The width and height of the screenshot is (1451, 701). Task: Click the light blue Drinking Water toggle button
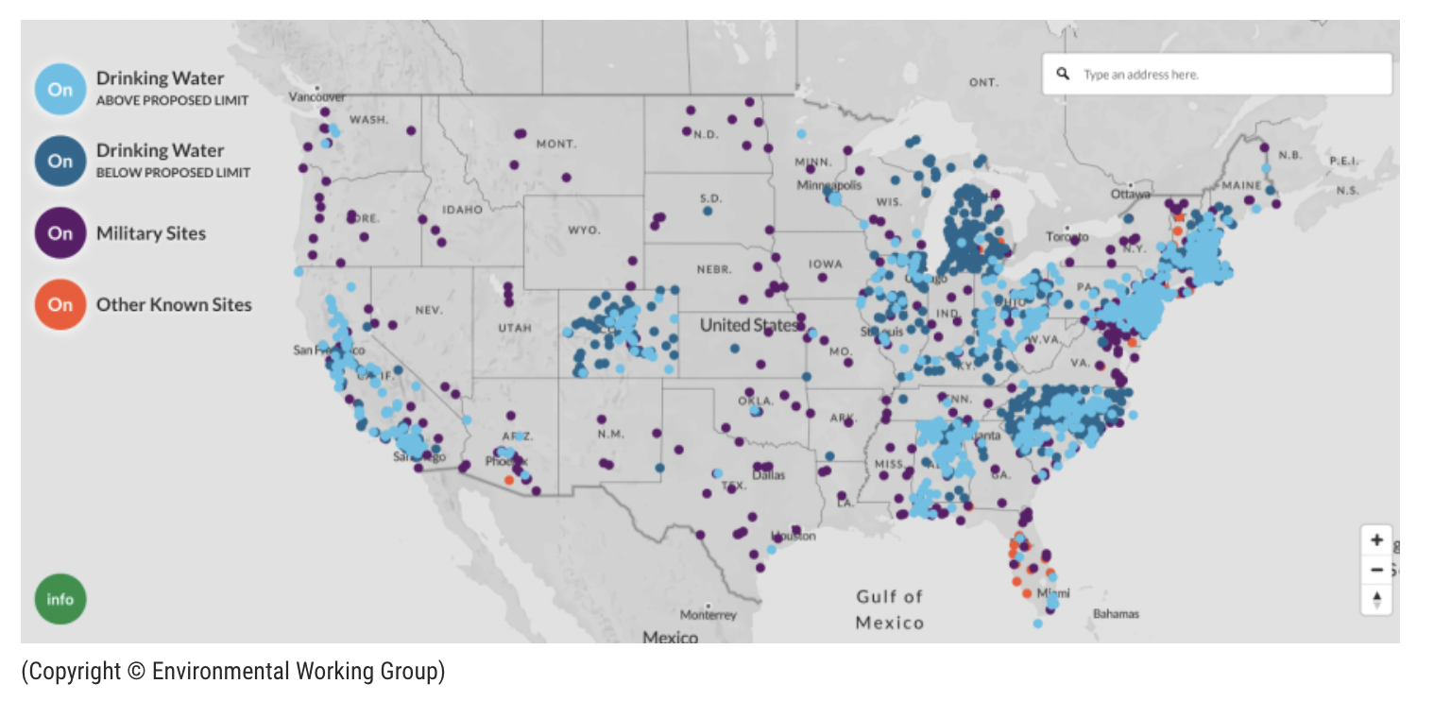point(60,90)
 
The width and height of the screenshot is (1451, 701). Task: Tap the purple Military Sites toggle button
point(60,233)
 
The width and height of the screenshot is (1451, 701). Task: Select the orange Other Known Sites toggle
point(60,305)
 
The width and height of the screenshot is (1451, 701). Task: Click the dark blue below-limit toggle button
point(60,161)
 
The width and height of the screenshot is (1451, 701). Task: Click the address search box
point(1228,75)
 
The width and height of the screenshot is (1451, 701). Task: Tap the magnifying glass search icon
point(1063,74)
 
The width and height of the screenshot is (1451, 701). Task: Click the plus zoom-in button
point(1376,540)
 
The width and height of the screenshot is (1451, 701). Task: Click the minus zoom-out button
point(1376,570)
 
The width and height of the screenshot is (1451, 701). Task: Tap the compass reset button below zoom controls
point(1376,599)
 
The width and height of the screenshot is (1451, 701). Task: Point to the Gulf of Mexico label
point(889,609)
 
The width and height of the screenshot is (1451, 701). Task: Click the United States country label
point(749,325)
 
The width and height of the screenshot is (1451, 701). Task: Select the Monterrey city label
point(708,615)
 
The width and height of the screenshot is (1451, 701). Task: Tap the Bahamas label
point(1116,614)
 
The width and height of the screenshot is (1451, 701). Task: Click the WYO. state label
point(583,230)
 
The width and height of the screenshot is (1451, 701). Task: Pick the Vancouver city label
point(316,97)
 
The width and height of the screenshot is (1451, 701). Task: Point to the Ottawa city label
point(1130,195)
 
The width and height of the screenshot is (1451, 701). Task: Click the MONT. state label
point(555,144)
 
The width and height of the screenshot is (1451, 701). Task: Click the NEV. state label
point(429,310)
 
